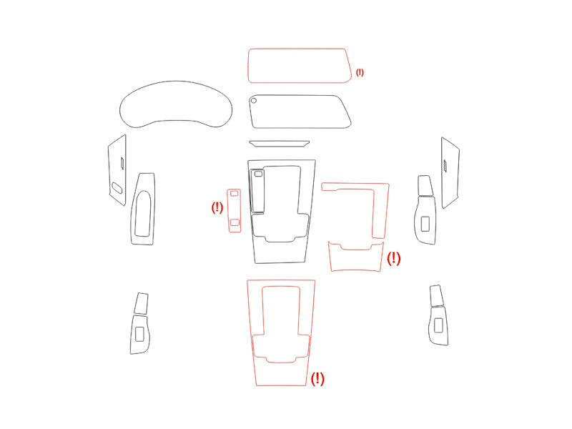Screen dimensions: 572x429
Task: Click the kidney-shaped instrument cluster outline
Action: (x=176, y=82)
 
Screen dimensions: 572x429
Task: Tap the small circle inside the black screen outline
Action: (x=254, y=100)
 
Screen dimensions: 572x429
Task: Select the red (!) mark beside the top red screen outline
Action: (x=360, y=72)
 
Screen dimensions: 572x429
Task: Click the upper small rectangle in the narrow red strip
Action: (x=235, y=193)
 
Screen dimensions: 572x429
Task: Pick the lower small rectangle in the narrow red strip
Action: (x=235, y=222)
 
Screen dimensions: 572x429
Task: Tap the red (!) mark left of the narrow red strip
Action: (x=217, y=207)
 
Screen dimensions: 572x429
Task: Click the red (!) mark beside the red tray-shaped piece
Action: (x=394, y=259)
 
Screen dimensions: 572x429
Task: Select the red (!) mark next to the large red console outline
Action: (x=317, y=379)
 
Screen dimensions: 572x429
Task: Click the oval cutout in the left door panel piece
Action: (x=117, y=187)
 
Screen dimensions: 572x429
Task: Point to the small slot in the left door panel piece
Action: (x=122, y=163)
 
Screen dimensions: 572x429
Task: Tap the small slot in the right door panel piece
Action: (x=445, y=166)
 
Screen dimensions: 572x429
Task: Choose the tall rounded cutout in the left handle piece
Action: (x=142, y=213)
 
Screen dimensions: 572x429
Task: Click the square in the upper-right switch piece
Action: (x=425, y=224)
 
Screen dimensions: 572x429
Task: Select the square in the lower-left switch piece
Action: (x=139, y=334)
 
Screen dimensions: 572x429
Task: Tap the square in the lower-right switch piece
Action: (x=438, y=325)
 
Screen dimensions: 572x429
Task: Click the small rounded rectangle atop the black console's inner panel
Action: (x=258, y=174)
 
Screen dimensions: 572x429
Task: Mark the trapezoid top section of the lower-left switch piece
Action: (x=141, y=303)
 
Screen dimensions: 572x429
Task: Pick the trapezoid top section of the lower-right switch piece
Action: (x=436, y=295)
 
